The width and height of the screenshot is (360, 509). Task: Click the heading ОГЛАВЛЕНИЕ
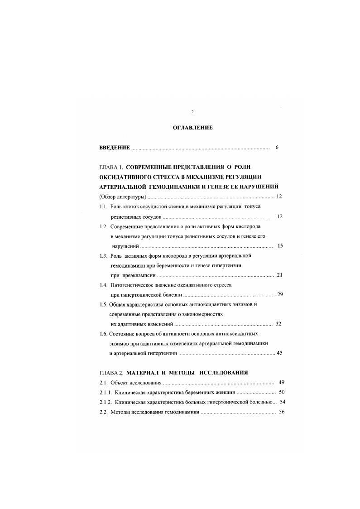click(192, 128)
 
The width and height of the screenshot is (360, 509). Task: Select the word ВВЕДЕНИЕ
click(115, 148)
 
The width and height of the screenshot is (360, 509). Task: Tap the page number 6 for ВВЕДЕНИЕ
click(277, 148)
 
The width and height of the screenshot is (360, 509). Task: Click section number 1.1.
click(103, 206)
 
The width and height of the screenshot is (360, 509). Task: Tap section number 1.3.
click(103, 255)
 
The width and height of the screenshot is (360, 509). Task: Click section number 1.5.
click(103, 304)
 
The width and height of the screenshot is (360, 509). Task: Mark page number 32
click(278, 324)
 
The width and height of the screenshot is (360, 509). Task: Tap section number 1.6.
click(103, 333)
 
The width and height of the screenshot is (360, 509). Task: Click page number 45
click(279, 353)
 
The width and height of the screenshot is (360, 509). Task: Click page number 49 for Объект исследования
click(281, 382)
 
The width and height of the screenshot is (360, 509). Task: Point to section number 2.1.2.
click(106, 402)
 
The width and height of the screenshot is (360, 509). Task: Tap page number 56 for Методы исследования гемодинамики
click(281, 412)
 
